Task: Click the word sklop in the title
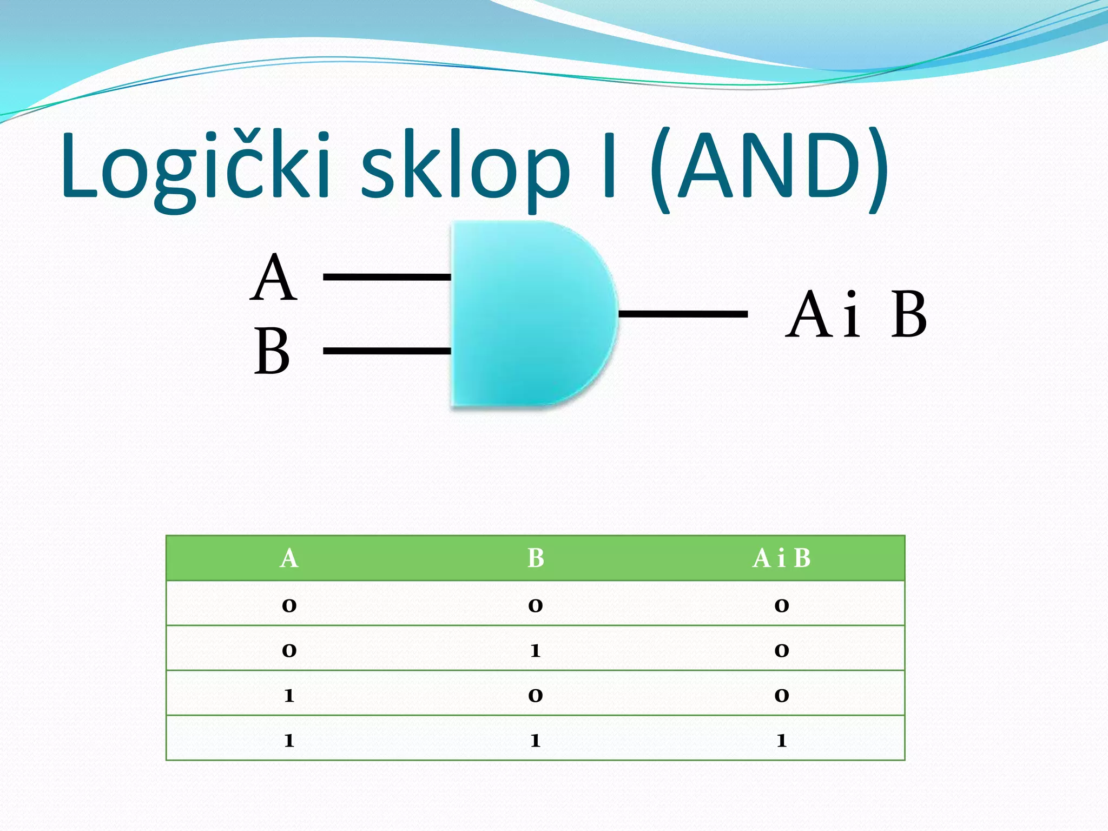tap(465, 168)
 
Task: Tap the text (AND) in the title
tap(768, 168)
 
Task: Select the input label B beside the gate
tap(272, 352)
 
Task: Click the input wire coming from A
tap(387, 277)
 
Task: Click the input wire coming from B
tap(387, 351)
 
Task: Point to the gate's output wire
tap(683, 314)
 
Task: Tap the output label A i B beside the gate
tap(856, 315)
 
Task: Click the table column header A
tap(289, 558)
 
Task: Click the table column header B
tap(536, 558)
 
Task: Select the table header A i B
tap(781, 558)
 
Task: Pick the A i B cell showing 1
tap(781, 739)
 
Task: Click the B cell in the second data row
tap(536, 649)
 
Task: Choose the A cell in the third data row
tap(289, 694)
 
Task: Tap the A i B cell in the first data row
tap(781, 604)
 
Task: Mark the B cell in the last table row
tap(536, 739)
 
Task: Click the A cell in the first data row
tap(289, 604)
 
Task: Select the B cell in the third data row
tap(536, 694)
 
